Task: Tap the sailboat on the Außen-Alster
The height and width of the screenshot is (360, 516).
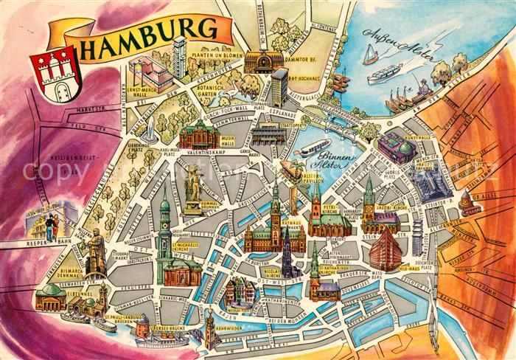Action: click(370, 53)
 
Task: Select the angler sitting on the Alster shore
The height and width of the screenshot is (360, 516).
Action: click(422, 89)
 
